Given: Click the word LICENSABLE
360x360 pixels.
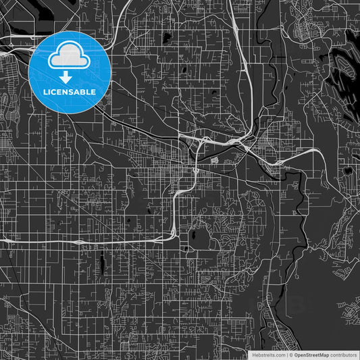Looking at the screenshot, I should click(70, 91).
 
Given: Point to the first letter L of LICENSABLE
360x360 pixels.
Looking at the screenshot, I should click(45, 91).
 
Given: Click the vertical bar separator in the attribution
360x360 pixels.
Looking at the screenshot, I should click(287, 355).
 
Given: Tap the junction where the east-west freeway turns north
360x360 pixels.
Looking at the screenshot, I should click(174, 233).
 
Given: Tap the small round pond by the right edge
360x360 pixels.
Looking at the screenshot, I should click(347, 170).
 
